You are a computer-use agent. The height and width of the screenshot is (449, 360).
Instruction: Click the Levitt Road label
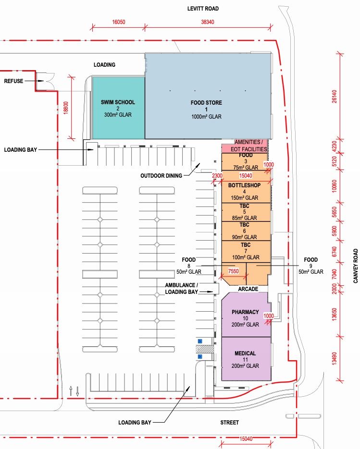(x=203, y=9)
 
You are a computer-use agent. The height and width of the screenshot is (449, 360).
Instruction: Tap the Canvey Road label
(x=356, y=266)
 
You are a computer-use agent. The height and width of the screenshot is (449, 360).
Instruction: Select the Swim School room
(x=118, y=108)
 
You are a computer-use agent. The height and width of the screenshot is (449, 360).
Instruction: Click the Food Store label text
(x=206, y=102)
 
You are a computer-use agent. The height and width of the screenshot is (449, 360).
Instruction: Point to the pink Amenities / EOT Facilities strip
(x=245, y=146)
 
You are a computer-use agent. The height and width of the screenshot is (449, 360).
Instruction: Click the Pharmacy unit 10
(x=246, y=315)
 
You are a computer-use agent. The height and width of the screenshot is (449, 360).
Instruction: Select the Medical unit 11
(x=246, y=359)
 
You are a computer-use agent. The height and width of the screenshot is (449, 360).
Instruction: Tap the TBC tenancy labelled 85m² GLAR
(x=246, y=212)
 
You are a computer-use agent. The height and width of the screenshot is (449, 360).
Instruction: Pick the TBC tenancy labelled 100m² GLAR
(x=246, y=252)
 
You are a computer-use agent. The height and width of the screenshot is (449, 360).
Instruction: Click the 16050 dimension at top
(x=118, y=22)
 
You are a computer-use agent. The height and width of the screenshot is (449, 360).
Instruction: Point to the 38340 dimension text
(x=207, y=22)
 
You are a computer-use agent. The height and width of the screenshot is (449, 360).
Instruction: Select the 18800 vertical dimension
(x=66, y=108)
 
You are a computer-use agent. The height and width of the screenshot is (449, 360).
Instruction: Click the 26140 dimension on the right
(x=334, y=97)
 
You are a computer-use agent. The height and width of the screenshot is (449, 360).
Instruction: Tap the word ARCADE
(x=248, y=289)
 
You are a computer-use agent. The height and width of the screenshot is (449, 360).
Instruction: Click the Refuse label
(x=13, y=81)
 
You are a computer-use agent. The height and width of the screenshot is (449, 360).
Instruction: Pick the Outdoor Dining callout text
(x=161, y=176)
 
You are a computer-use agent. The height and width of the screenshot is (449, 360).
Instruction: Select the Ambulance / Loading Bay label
(x=181, y=289)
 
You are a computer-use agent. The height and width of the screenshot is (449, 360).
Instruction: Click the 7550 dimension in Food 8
(x=233, y=271)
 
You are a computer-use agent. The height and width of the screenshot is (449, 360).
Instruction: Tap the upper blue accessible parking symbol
(x=200, y=341)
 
